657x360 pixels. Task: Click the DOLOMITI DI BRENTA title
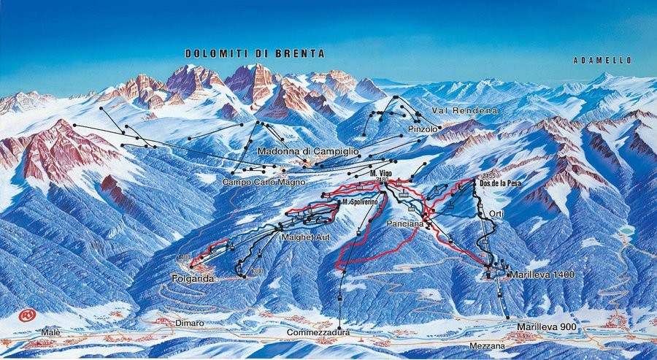tap(254, 53)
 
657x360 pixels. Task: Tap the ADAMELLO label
tap(602, 60)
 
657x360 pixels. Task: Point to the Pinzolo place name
tap(423, 129)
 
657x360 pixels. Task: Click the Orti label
tap(497, 213)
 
